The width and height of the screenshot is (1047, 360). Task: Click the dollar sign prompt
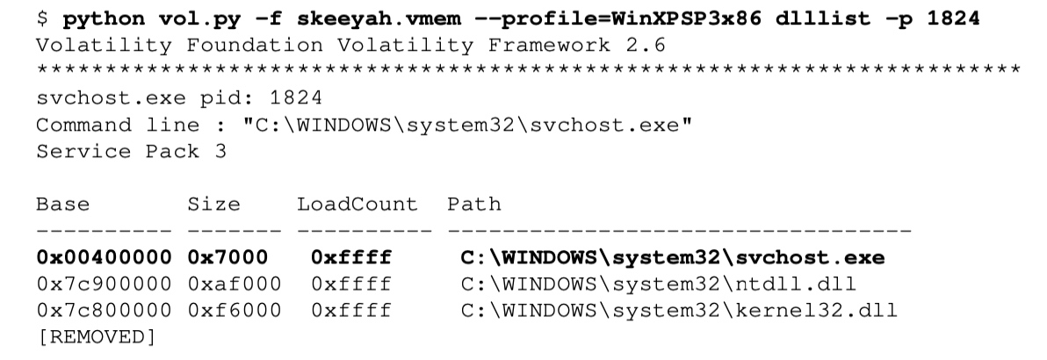pos(42,18)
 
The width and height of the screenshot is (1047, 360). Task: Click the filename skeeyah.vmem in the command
pos(379,18)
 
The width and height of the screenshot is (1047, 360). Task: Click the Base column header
pos(62,204)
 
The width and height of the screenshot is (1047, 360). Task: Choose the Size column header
pos(213,204)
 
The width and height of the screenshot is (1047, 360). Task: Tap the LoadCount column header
pos(357,204)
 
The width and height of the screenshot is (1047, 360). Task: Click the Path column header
pos(474,204)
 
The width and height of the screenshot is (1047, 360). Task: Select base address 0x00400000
pos(105,257)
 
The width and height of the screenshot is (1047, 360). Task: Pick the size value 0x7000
pos(227,257)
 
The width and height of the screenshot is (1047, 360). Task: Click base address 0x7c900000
pos(105,284)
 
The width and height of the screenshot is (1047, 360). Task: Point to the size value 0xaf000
pos(235,284)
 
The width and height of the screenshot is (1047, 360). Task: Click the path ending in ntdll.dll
pos(659,284)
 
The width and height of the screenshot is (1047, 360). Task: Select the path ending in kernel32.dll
pos(679,311)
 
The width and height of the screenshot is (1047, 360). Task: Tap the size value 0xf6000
pos(235,311)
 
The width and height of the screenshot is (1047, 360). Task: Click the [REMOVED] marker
pos(97,336)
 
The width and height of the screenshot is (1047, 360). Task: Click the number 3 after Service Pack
pos(220,151)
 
